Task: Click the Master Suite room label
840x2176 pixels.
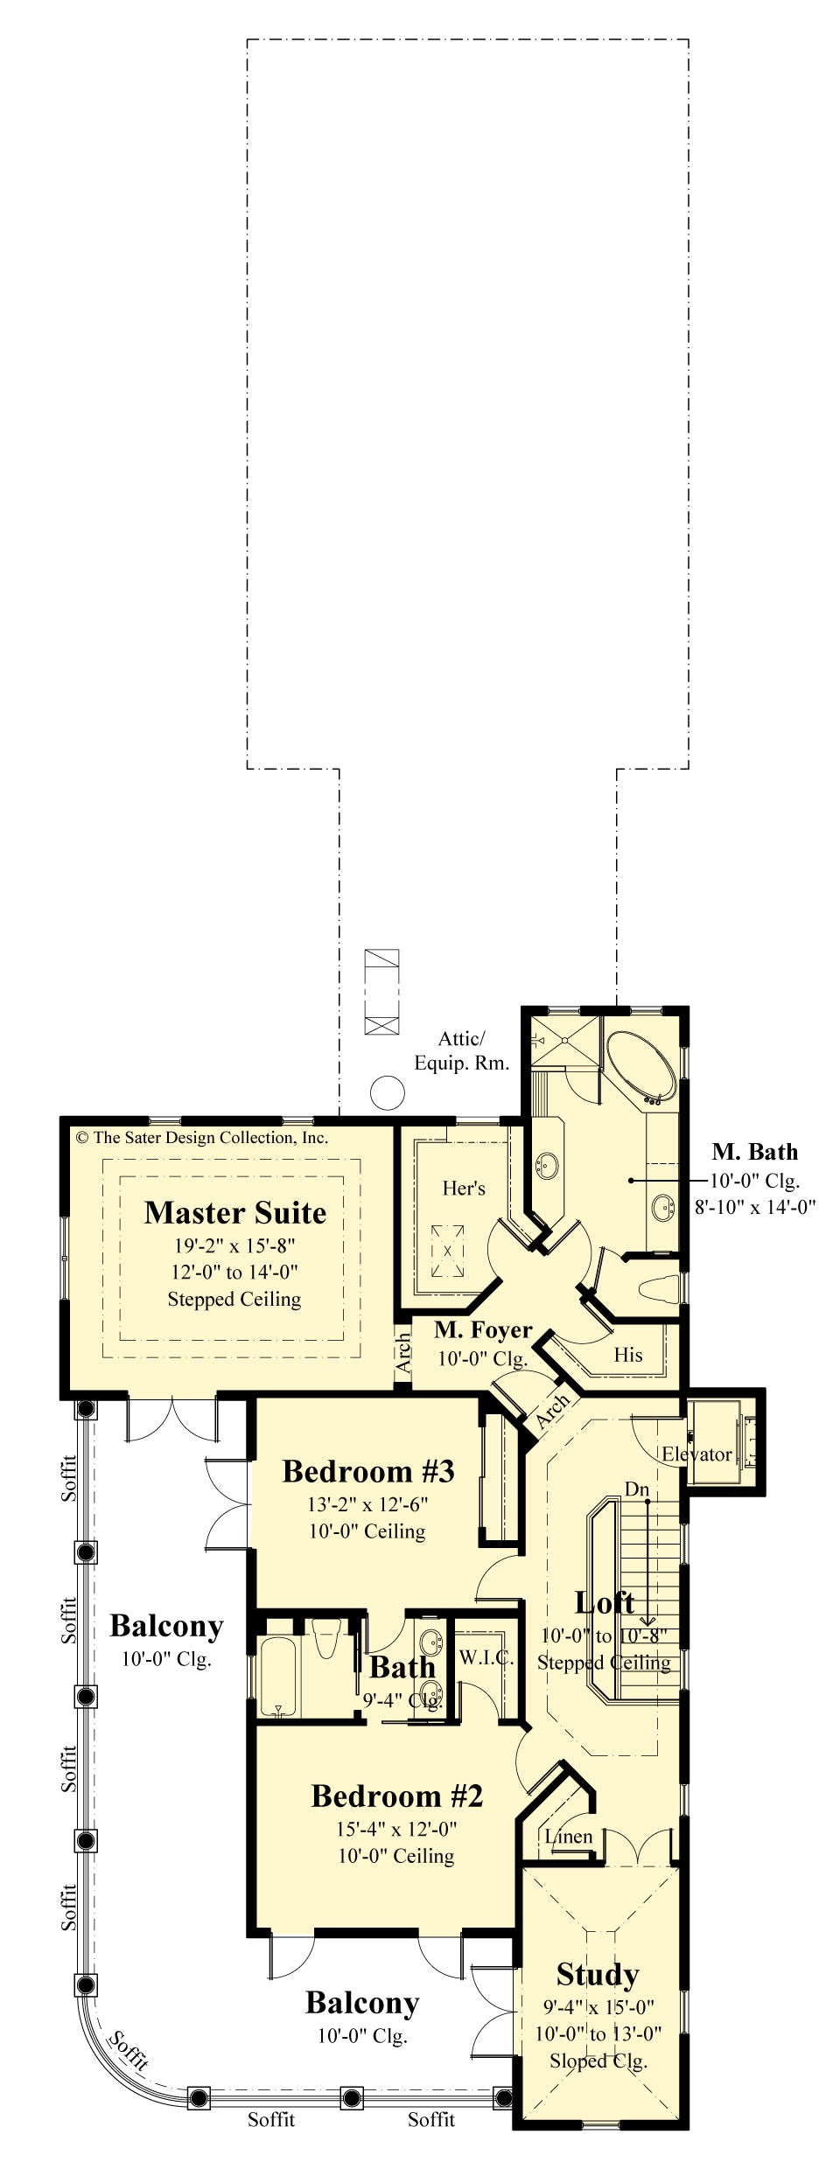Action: tap(234, 1213)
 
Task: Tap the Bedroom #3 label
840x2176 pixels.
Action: tap(367, 1471)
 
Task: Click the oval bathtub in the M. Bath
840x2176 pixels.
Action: tap(640, 1066)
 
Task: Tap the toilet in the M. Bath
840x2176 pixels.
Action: tap(659, 1288)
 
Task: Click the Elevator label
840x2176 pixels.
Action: tap(696, 1454)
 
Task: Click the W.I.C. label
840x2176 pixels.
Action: tap(486, 1657)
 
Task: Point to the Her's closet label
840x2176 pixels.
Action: tap(463, 1188)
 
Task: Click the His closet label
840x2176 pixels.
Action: tap(627, 1355)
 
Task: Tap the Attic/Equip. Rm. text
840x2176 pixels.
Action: tap(461, 1050)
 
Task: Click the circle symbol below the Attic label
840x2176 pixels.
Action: tap(387, 1092)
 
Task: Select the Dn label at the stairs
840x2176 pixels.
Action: tap(636, 1489)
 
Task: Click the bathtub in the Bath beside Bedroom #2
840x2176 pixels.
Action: tap(279, 1676)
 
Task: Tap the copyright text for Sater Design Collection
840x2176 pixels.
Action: tap(202, 1138)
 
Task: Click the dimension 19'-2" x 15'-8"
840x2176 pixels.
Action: tap(234, 1245)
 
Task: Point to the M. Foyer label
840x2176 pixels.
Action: tap(483, 1330)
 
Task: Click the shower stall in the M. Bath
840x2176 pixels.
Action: tap(565, 1041)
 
